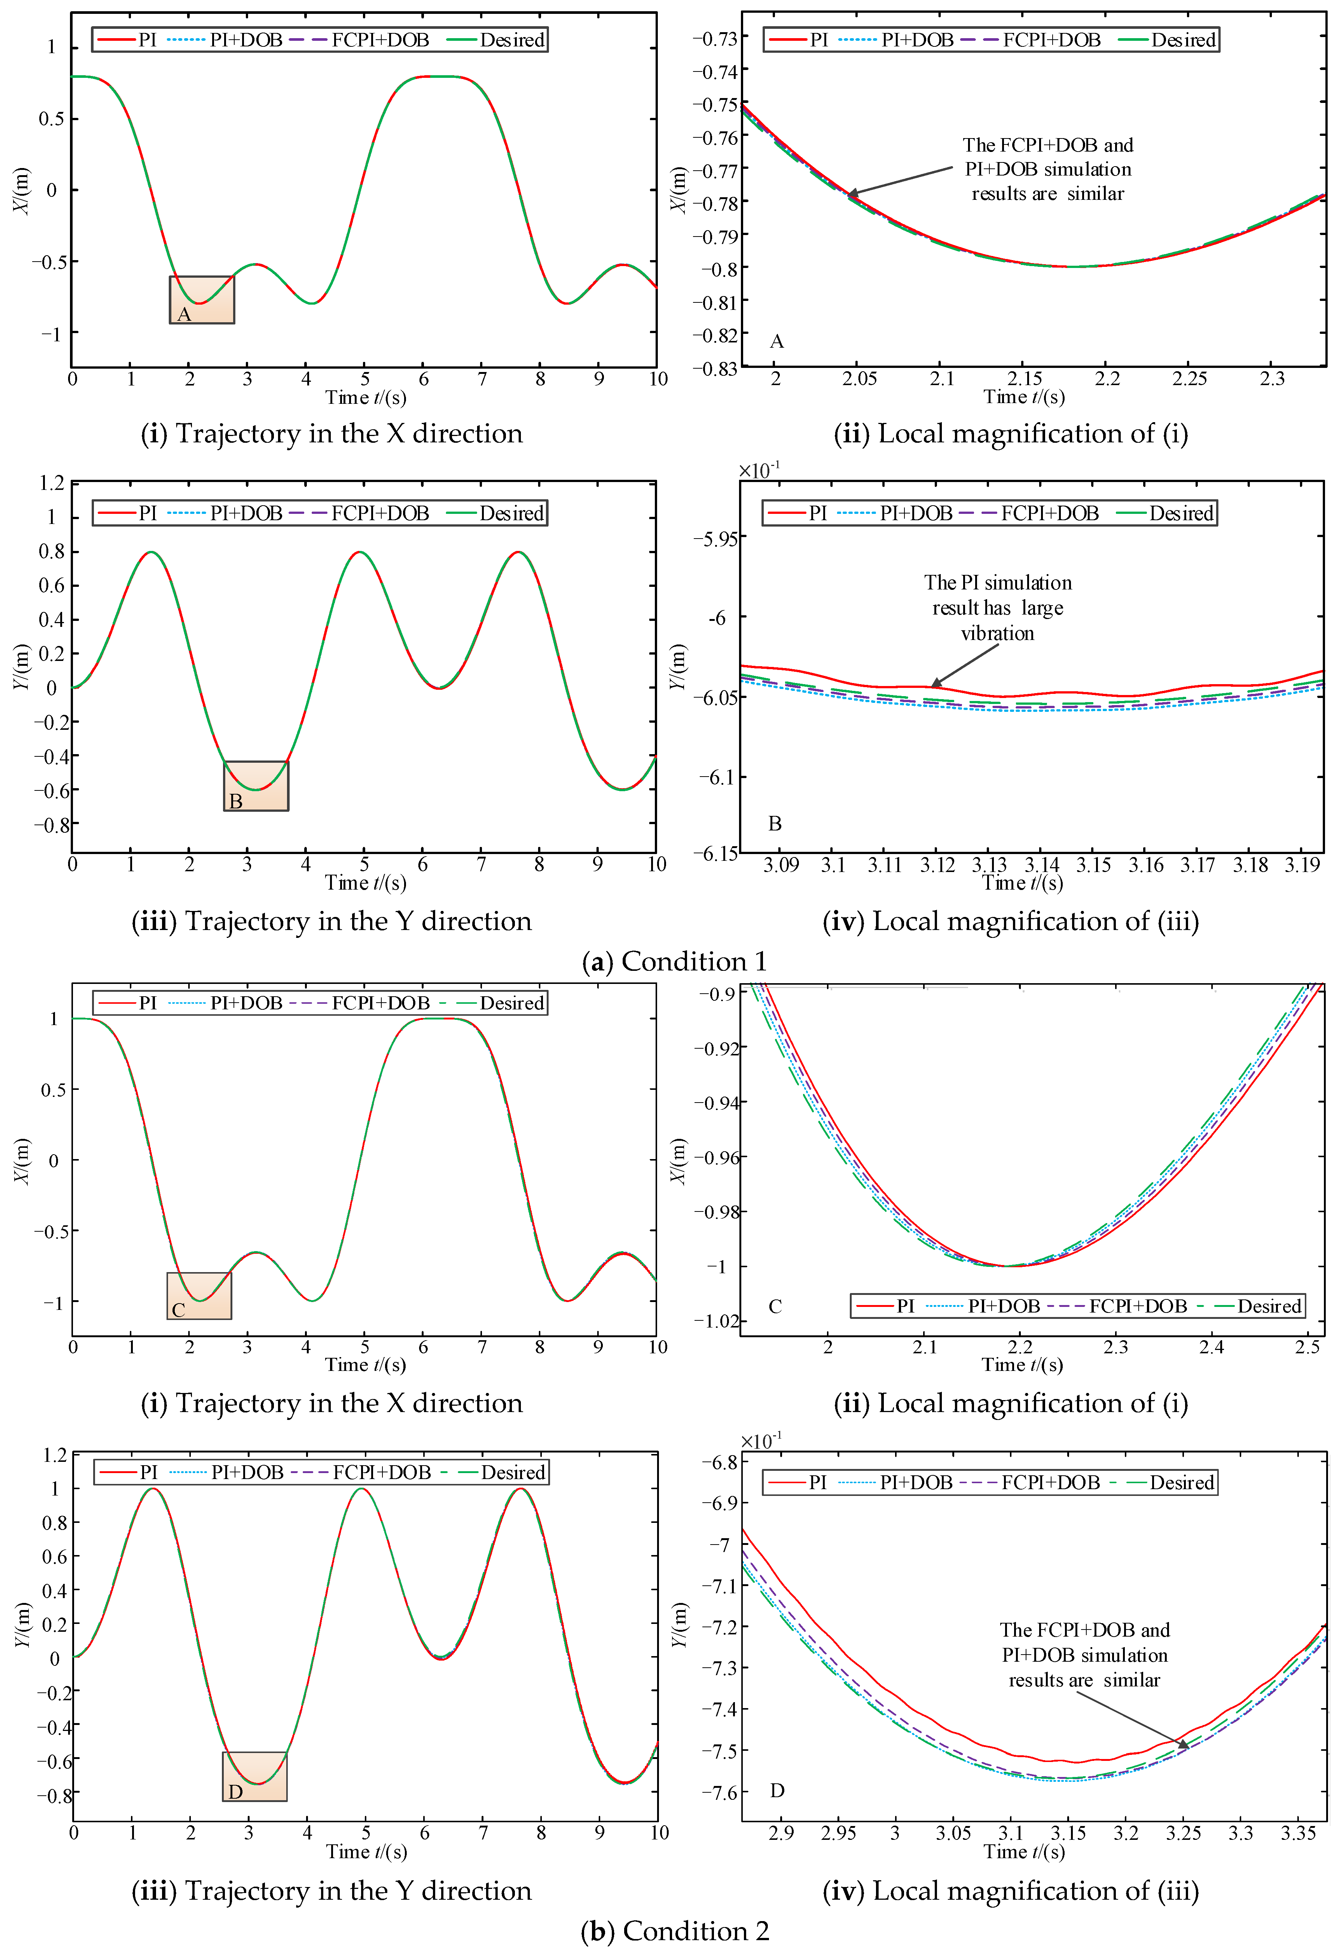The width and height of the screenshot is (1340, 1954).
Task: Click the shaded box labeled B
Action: tap(256, 786)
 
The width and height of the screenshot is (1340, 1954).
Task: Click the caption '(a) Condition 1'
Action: tap(674, 961)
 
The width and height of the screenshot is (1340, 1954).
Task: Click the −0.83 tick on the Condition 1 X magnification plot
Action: tap(715, 368)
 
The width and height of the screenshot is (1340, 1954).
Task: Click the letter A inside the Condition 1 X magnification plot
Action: tap(777, 341)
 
